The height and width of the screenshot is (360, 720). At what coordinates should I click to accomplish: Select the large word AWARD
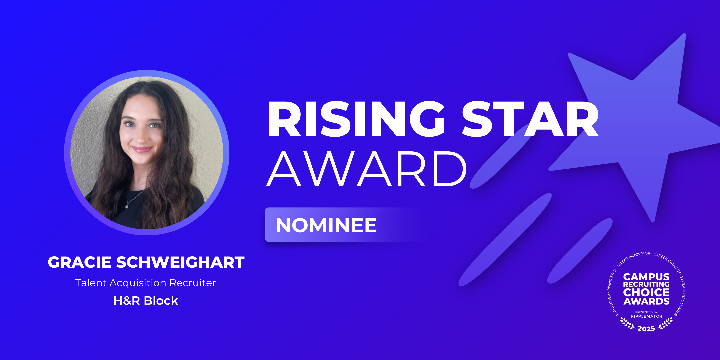pyautogui.click(x=367, y=169)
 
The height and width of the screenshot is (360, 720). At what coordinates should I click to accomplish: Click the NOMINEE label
pyautogui.click(x=326, y=225)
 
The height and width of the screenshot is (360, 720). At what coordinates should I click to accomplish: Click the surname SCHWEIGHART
pyautogui.click(x=180, y=262)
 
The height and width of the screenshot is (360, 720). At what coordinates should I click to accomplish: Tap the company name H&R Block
pyautogui.click(x=146, y=301)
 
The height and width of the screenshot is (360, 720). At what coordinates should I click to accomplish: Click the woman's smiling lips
pyautogui.click(x=142, y=149)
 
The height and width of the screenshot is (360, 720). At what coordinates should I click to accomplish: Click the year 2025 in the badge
pyautogui.click(x=646, y=329)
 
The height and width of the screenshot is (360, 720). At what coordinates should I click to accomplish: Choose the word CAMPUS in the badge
pyautogui.click(x=646, y=277)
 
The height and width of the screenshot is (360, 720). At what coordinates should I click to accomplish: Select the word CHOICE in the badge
pyautogui.click(x=646, y=293)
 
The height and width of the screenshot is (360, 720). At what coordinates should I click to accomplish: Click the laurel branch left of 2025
pyautogui.click(x=628, y=324)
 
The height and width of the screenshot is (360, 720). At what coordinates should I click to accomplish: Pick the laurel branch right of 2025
pyautogui.click(x=665, y=324)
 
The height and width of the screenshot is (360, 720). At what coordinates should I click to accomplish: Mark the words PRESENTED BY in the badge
pyautogui.click(x=646, y=312)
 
